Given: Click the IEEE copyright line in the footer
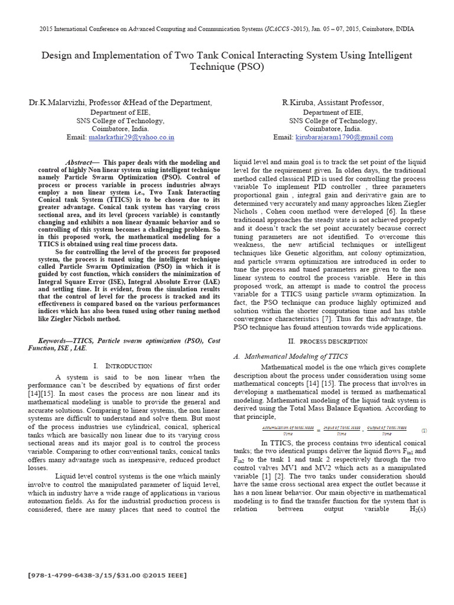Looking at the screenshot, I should tap(106, 575).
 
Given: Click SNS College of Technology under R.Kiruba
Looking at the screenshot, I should tap(332, 121).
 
